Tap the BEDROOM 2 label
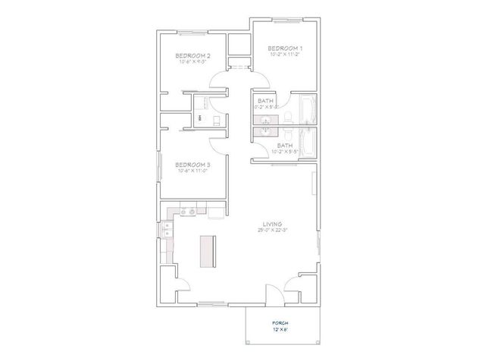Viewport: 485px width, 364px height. point(192,56)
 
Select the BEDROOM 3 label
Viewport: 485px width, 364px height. point(192,164)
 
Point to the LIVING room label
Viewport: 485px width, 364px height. point(272,224)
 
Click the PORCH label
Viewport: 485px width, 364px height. point(280,322)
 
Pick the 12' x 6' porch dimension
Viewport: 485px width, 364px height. point(280,331)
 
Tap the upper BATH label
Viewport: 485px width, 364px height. point(266,101)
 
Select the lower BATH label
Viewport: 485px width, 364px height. point(284,145)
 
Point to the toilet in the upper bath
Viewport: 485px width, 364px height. point(287,115)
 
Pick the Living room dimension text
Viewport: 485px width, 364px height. point(272,231)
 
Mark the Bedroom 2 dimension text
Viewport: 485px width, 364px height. point(192,63)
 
